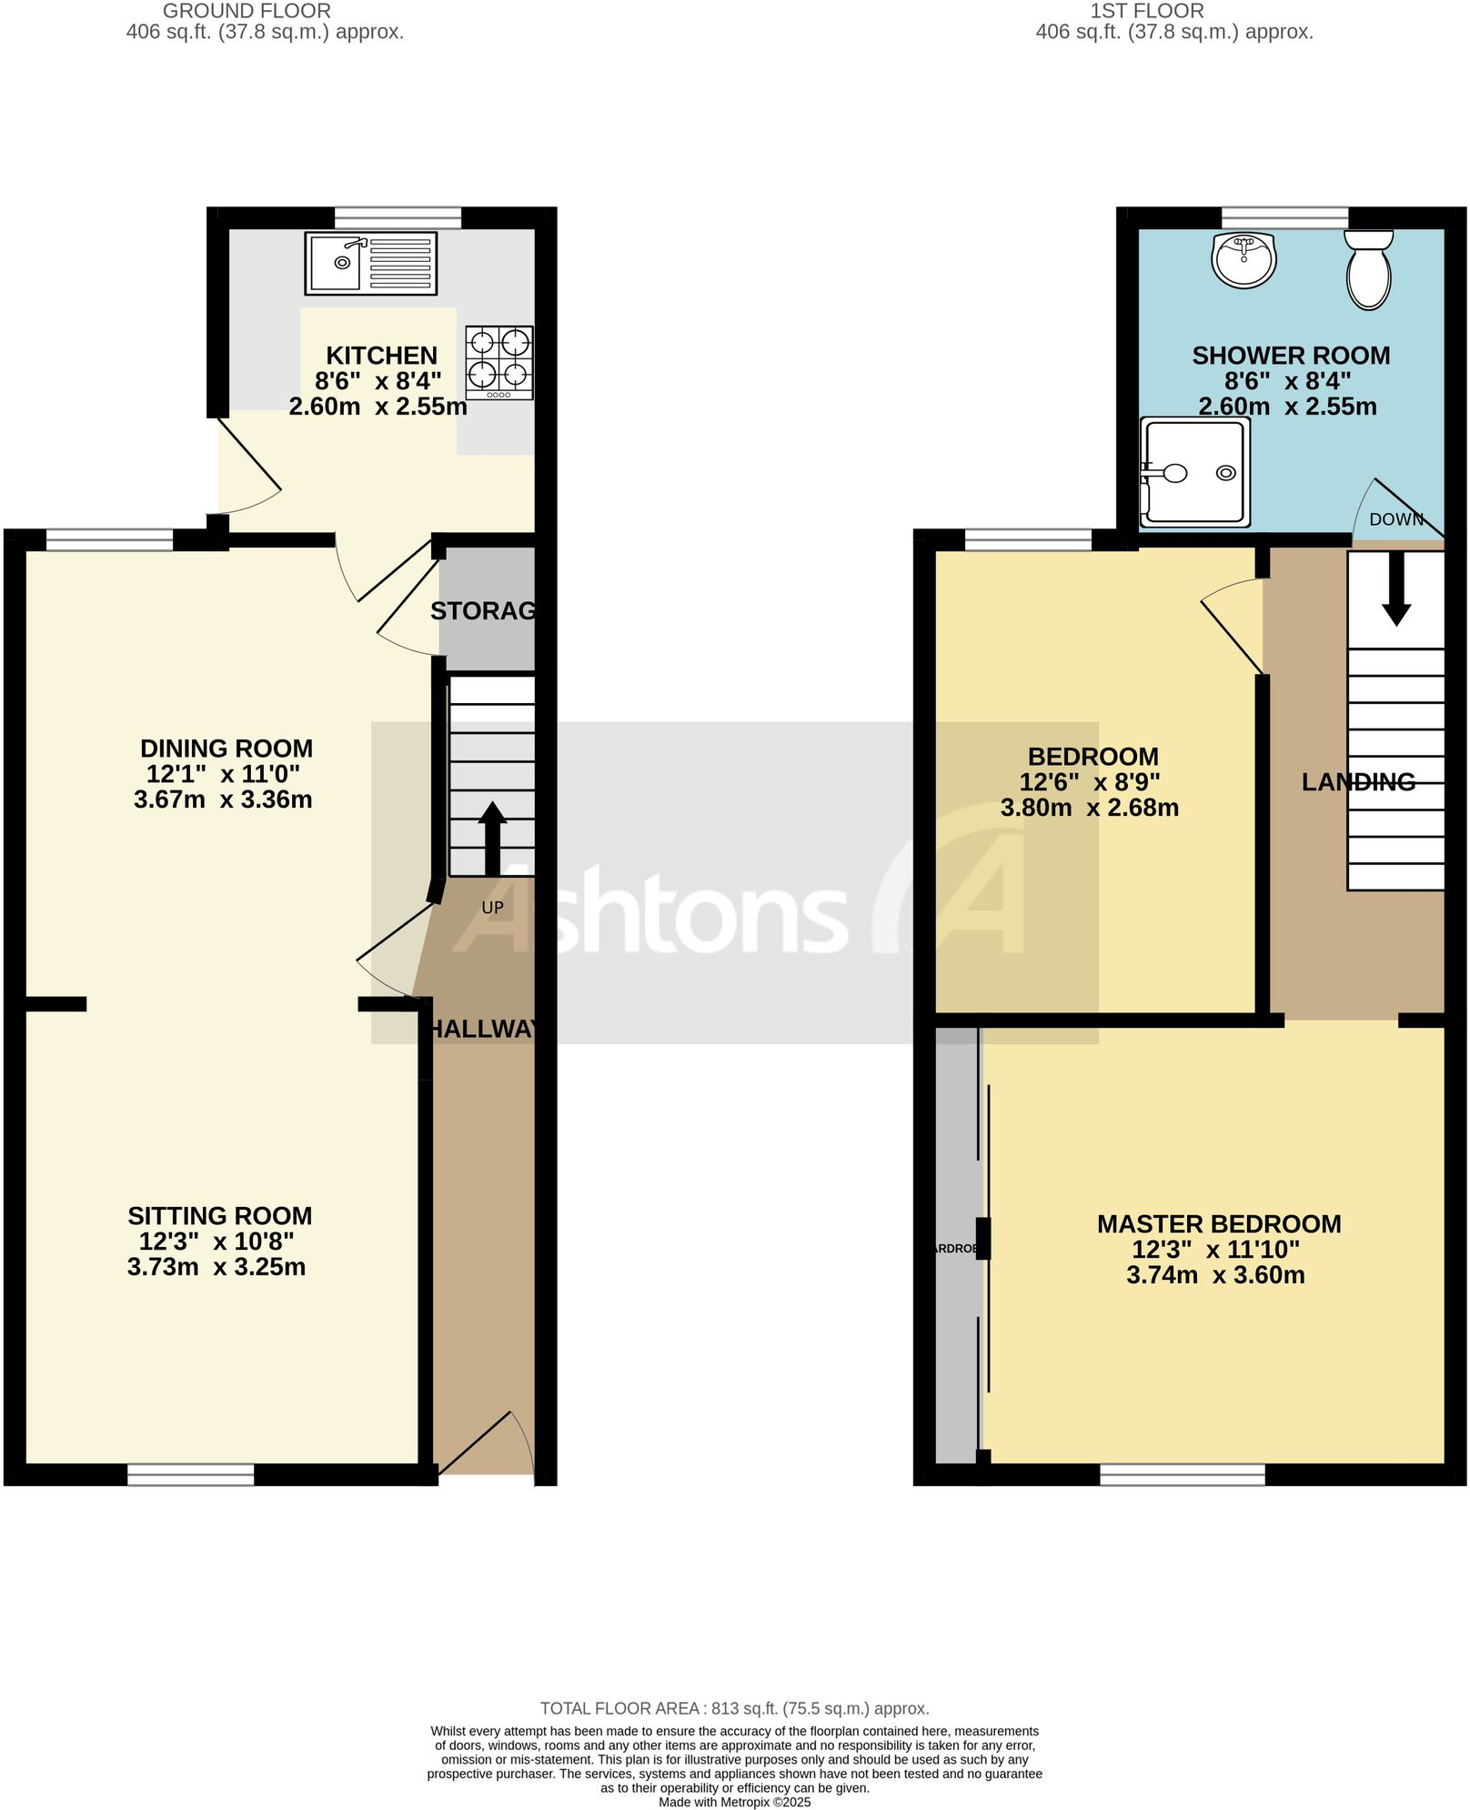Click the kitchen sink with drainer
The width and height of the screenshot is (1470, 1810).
pyautogui.click(x=370, y=263)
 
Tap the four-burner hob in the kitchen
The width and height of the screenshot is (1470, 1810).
pyautogui.click(x=499, y=362)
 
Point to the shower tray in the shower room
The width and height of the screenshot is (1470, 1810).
pyautogui.click(x=1195, y=472)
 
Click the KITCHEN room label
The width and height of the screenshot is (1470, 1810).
pyautogui.click(x=381, y=356)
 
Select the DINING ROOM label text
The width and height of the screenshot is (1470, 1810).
pyautogui.click(x=226, y=749)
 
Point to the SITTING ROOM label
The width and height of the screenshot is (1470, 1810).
pyautogui.click(x=219, y=1216)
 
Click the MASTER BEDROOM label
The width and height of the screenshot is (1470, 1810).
pyautogui.click(x=1218, y=1224)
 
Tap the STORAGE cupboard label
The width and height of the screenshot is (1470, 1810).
pyautogui.click(x=483, y=611)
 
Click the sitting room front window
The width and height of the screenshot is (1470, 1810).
pyautogui.click(x=190, y=1474)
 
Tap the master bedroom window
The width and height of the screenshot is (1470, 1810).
pyautogui.click(x=1182, y=1474)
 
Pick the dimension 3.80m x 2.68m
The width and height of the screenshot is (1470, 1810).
pyautogui.click(x=1089, y=808)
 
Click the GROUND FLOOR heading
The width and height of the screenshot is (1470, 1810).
pyautogui.click(x=247, y=11)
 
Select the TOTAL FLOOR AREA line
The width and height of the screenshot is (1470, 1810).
pyautogui.click(x=734, y=1708)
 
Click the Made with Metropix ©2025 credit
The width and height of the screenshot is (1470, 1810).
pyautogui.click(x=734, y=1802)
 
